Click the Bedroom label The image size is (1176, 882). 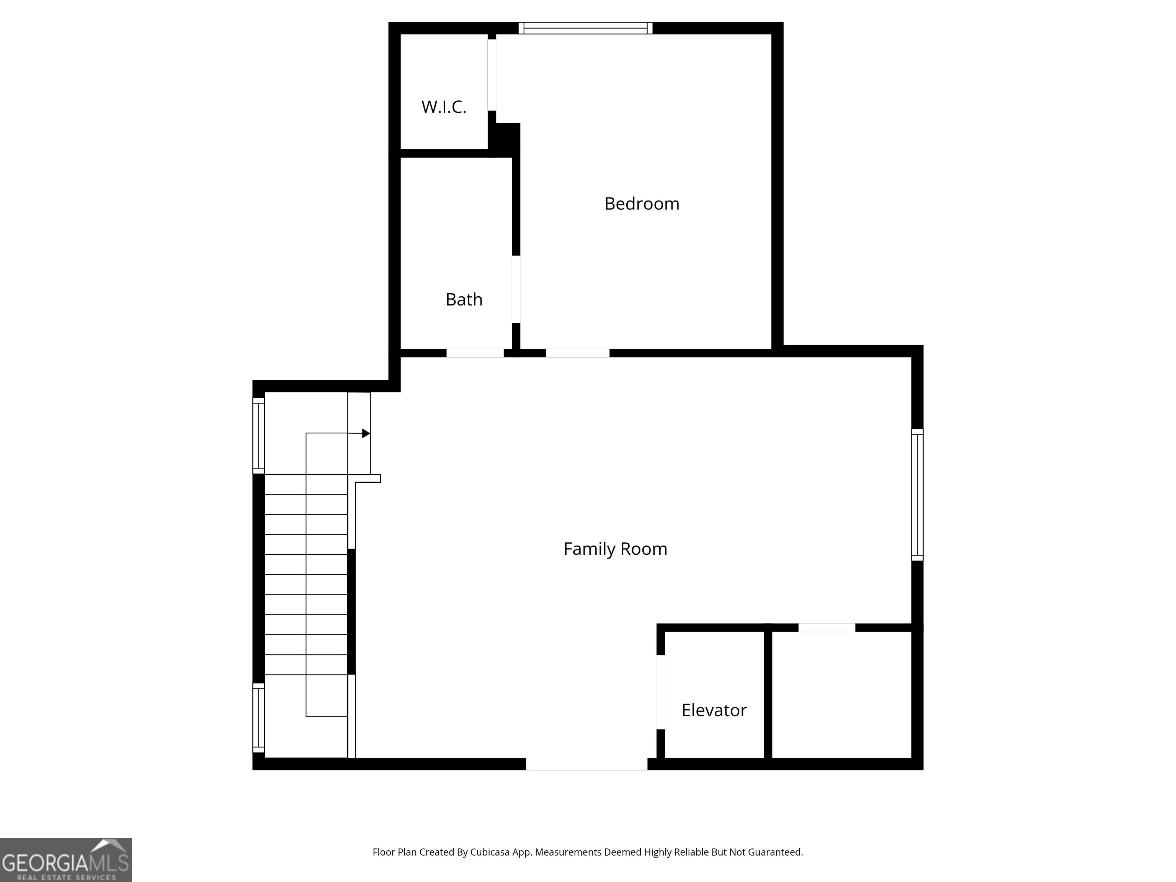pyautogui.click(x=642, y=204)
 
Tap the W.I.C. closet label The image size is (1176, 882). pyautogui.click(x=444, y=107)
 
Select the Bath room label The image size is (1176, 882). pyautogui.click(x=464, y=299)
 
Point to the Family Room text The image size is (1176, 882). pyautogui.click(x=615, y=549)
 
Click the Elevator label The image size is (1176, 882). pyautogui.click(x=714, y=710)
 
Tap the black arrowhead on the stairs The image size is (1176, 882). pyautogui.click(x=366, y=433)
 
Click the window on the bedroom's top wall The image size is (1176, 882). pyautogui.click(x=585, y=28)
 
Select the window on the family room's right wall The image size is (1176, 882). pyautogui.click(x=917, y=495)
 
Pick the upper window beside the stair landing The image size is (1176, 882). pyautogui.click(x=258, y=435)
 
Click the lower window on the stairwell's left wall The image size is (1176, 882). pyautogui.click(x=258, y=718)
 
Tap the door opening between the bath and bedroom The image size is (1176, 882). pyautogui.click(x=516, y=289)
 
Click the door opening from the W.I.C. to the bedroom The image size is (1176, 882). pyautogui.click(x=492, y=74)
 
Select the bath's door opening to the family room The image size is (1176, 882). pyautogui.click(x=475, y=353)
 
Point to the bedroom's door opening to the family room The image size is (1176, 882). pyautogui.click(x=577, y=353)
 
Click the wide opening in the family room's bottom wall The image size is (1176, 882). pyautogui.click(x=586, y=764)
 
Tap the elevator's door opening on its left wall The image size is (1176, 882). pyautogui.click(x=660, y=692)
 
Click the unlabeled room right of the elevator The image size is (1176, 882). pyautogui.click(x=841, y=695)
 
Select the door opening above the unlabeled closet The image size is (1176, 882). pyautogui.click(x=827, y=628)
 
